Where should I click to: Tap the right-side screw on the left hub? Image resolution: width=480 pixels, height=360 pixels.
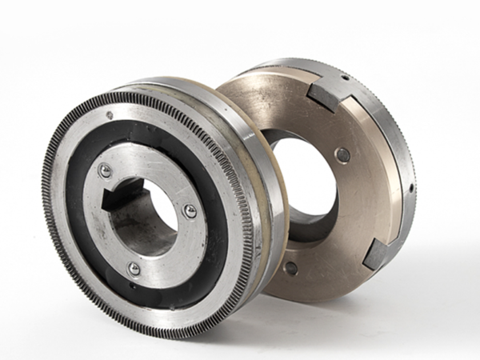190,211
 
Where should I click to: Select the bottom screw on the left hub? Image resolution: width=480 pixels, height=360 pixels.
134,267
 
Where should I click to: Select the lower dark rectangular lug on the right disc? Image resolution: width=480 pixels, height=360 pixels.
377,254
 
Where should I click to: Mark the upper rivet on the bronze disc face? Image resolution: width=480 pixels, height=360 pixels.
342,154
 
